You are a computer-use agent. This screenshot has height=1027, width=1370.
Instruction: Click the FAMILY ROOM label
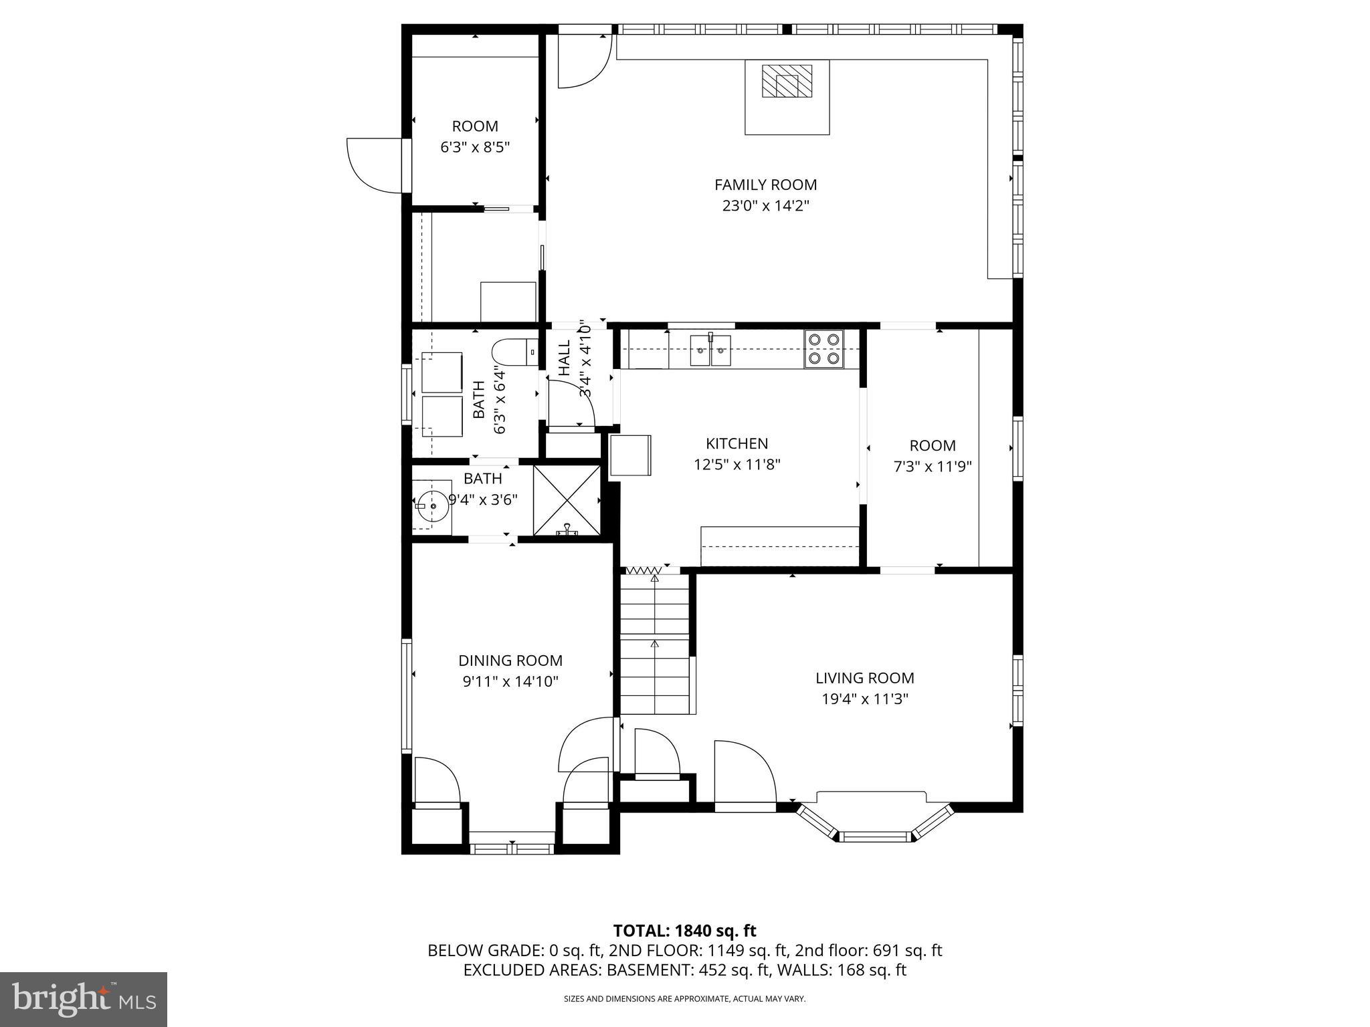765,185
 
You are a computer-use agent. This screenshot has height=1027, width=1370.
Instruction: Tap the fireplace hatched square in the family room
787,82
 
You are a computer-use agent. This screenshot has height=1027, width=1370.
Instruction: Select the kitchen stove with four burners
823,349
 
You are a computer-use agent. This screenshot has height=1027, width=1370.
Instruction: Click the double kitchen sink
710,350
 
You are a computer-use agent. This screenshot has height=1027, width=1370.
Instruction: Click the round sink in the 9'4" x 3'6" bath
432,506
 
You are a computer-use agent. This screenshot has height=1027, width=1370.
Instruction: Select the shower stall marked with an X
567,499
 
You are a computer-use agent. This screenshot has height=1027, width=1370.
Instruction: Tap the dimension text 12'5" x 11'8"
737,464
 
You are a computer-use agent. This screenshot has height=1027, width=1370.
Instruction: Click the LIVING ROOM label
864,678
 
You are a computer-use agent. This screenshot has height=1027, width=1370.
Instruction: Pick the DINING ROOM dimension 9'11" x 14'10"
510,681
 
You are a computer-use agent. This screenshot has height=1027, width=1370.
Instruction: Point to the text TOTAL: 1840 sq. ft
684,931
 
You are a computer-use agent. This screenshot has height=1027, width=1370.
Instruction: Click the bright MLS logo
84,999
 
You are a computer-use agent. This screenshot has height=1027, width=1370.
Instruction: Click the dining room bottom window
512,848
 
